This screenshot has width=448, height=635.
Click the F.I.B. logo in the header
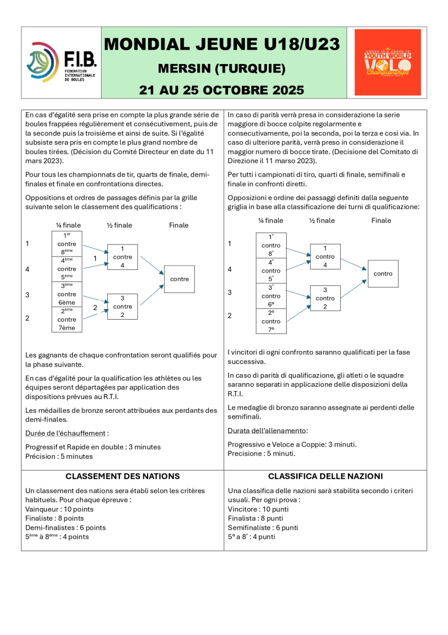[61, 62]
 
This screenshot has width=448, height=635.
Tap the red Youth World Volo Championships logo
[388, 62]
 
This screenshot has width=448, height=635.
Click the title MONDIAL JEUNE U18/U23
[222, 44]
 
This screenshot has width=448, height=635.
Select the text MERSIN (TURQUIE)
[222, 69]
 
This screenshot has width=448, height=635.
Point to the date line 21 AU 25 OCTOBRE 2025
[222, 89]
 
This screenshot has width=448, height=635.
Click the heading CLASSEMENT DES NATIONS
[122, 476]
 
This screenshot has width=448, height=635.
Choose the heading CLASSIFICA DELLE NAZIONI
[325, 476]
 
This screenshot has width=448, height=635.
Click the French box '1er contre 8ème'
[67, 244]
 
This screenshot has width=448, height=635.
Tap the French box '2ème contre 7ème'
[67, 320]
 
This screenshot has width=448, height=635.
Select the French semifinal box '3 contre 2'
[122, 306]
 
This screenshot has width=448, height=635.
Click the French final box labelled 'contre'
[179, 279]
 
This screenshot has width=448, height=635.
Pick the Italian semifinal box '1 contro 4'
[325, 257]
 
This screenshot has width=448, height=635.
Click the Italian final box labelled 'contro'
[382, 274]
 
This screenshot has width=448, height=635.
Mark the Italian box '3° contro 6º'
[271, 296]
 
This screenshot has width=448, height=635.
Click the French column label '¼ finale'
[69, 225]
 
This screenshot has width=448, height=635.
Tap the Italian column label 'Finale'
[381, 221]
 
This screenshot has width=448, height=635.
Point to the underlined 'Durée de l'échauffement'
[66, 433]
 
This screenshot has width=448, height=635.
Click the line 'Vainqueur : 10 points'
[59, 509]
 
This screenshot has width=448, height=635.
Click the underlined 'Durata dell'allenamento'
[267, 431]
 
